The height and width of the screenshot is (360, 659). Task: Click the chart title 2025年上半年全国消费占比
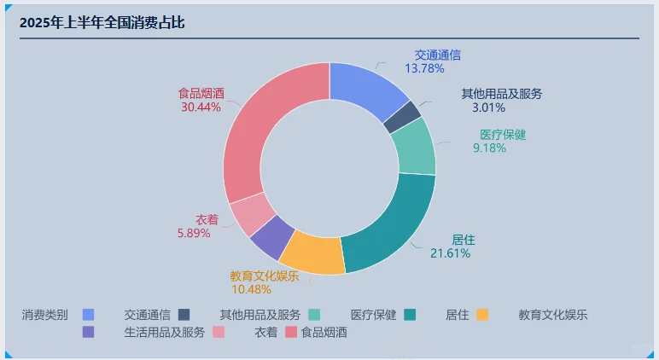(x=102, y=23)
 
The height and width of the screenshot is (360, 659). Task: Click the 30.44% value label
(x=201, y=107)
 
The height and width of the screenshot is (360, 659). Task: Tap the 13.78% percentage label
(x=425, y=68)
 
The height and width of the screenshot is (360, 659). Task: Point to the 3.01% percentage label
(x=489, y=107)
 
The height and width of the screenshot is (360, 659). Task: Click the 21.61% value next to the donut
(x=450, y=253)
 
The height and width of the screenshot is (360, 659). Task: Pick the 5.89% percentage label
(x=194, y=233)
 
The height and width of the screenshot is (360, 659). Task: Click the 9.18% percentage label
(x=489, y=148)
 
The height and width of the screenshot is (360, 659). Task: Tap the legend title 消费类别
(x=44, y=315)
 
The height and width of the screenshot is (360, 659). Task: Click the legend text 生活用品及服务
(x=164, y=332)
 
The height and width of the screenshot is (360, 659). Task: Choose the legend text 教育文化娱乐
(x=553, y=315)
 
